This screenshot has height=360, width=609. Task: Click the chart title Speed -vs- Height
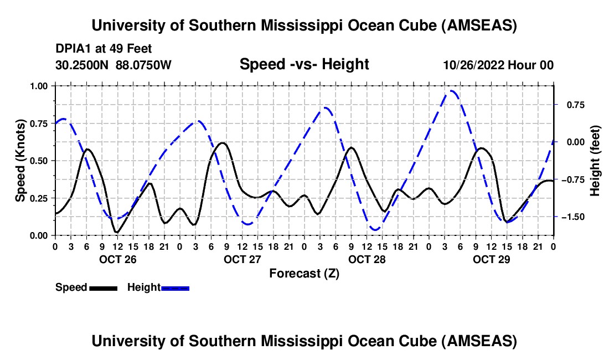[304, 65]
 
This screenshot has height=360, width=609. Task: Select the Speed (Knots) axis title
[20, 161]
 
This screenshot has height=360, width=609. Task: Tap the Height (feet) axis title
[595, 161]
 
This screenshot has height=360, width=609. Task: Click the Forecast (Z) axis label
[304, 273]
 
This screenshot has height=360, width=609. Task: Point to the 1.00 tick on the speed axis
[40, 86]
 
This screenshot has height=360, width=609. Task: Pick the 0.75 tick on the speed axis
[40, 124]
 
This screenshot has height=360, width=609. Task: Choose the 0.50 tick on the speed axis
[40, 161]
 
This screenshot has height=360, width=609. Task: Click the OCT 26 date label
[117, 259]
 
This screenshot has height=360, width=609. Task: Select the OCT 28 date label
[367, 259]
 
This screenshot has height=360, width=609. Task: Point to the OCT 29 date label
[491, 259]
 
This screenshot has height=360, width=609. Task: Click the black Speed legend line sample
[103, 287]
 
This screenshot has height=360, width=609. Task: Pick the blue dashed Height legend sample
[176, 287]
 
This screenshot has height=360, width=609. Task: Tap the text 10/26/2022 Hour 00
[498, 65]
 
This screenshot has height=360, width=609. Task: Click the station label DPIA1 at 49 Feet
[104, 49]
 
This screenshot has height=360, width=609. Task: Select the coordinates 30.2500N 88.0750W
[113, 65]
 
